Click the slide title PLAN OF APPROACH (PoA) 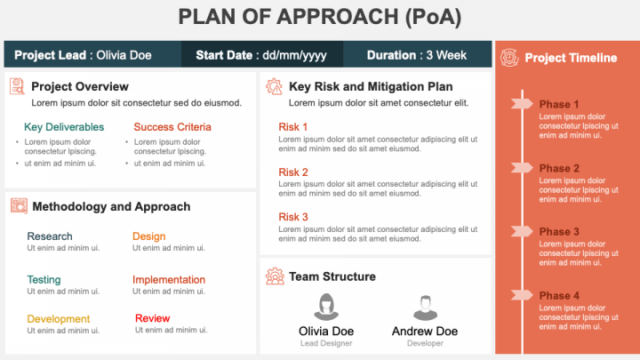320,18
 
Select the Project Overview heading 80,86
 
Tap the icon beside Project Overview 18,86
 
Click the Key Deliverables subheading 64,127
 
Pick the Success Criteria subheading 172,127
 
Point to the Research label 50,236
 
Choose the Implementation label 169,280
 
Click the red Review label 152,318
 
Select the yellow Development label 59,319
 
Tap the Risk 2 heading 293,172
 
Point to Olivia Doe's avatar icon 325,308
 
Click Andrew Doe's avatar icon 425,308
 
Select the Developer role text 425,343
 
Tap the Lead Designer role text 325,343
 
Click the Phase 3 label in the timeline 559,232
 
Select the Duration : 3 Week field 417,55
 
